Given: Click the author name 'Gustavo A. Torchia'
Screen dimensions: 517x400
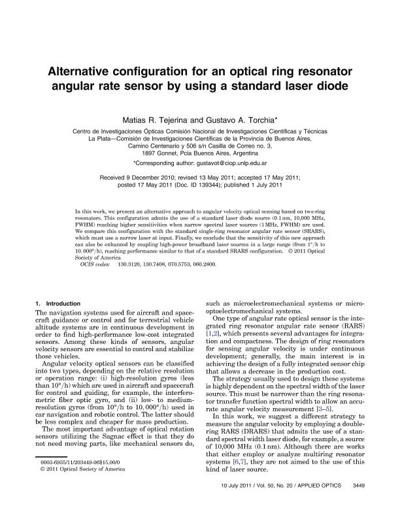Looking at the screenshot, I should (x=231, y=120).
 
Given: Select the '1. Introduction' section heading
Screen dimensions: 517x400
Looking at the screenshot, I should (x=58, y=304).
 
